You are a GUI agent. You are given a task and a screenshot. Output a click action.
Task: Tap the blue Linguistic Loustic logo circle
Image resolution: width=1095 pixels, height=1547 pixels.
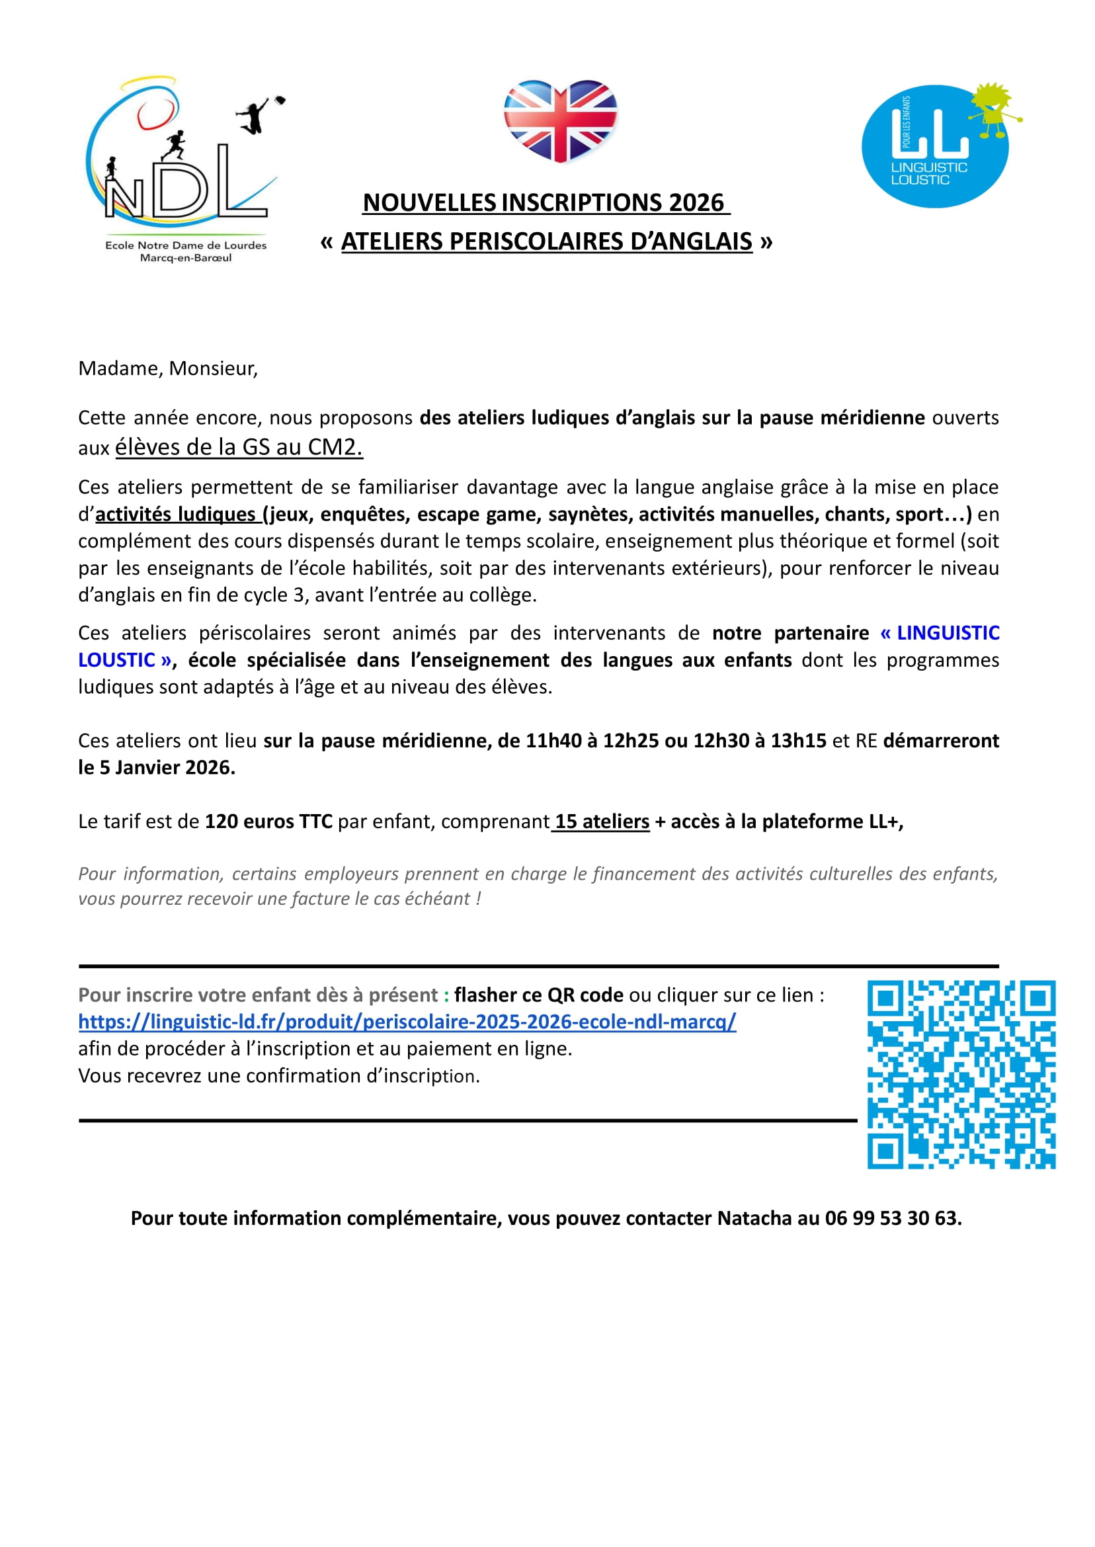934,146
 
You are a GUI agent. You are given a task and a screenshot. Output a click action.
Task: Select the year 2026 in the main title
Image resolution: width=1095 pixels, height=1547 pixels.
696,203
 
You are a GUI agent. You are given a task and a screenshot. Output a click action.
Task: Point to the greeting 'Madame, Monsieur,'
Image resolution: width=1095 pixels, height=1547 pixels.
168,369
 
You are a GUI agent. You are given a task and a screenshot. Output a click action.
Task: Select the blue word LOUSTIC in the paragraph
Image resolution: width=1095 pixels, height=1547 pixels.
116,660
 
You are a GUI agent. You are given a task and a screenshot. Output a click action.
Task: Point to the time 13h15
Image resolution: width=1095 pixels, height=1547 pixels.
798,741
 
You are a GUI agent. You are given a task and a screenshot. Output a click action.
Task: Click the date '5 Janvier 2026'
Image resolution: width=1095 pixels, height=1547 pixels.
167,768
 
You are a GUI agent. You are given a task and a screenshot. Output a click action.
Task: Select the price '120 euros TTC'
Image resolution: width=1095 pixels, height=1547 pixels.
268,821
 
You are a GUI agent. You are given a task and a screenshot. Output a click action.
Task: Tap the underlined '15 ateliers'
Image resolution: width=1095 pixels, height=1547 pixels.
602,821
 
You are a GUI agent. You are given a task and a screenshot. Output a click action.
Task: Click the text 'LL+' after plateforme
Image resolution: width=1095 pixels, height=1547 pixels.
885,821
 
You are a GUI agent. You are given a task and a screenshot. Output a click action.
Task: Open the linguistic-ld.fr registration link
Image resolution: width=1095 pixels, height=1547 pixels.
407,1023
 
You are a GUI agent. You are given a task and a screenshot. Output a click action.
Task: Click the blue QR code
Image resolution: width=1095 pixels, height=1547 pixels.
961,1075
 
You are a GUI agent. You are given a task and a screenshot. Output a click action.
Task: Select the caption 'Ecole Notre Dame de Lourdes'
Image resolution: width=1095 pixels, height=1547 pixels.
185,245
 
